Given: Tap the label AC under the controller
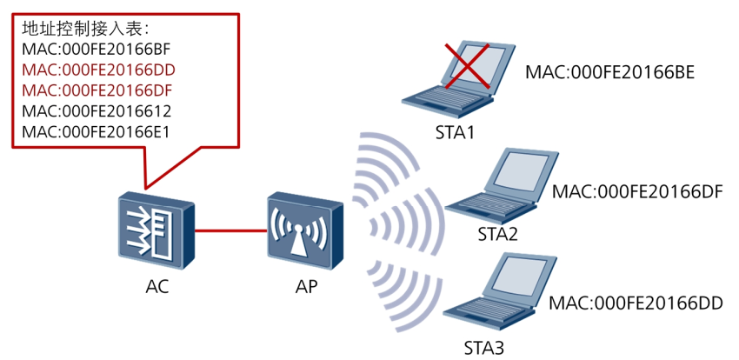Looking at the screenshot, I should (157, 286).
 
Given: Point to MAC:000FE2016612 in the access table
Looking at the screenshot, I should (97, 111).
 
